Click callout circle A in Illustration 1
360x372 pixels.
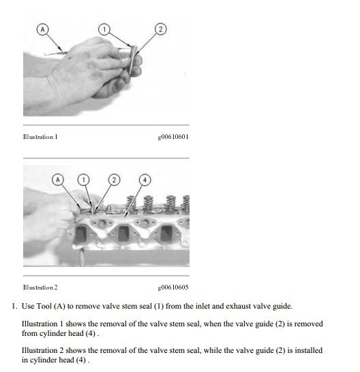[43, 29]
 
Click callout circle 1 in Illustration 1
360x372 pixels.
[104, 29]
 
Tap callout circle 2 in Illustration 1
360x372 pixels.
[160, 29]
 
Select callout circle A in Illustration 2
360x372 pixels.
[58, 180]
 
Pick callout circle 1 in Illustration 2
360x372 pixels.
[84, 180]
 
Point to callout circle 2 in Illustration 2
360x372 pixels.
[115, 180]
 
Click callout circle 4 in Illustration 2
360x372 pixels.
[145, 180]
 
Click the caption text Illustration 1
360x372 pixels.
[40, 137]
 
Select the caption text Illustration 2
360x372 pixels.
[40, 288]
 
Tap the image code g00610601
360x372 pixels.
[173, 137]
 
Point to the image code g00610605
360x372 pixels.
[173, 288]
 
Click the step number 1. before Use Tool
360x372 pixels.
[14, 306]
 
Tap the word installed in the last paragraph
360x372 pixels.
[308, 350]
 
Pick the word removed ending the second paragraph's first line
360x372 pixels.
[309, 324]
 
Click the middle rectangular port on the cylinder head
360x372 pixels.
[123, 234]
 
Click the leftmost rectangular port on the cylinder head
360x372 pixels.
[80, 234]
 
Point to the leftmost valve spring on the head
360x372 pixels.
[132, 204]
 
